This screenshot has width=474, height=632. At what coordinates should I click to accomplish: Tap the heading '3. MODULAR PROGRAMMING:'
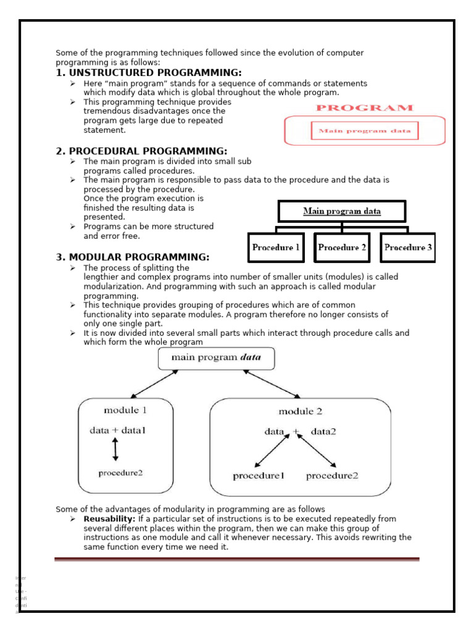click(133, 257)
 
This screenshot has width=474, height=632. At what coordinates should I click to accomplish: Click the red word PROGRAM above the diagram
click(364, 107)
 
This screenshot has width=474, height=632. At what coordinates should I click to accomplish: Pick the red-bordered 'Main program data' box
click(364, 131)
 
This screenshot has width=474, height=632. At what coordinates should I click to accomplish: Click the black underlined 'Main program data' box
click(341, 211)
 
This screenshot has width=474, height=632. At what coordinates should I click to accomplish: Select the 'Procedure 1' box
click(276, 247)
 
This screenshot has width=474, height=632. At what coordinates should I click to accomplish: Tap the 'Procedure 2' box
click(341, 247)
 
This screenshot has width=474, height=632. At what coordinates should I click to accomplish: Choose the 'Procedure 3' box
click(407, 247)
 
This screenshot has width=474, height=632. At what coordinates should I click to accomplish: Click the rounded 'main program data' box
click(216, 358)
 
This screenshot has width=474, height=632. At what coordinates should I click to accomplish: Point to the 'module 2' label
click(300, 411)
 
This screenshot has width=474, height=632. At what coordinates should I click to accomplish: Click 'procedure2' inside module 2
click(332, 475)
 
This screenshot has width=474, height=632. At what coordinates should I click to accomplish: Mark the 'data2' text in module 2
click(323, 432)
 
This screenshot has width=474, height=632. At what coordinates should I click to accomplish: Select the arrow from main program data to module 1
click(154, 384)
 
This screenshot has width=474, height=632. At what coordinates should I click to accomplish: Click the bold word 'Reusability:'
click(109, 519)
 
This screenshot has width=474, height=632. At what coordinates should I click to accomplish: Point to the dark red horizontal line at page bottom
click(236, 559)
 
